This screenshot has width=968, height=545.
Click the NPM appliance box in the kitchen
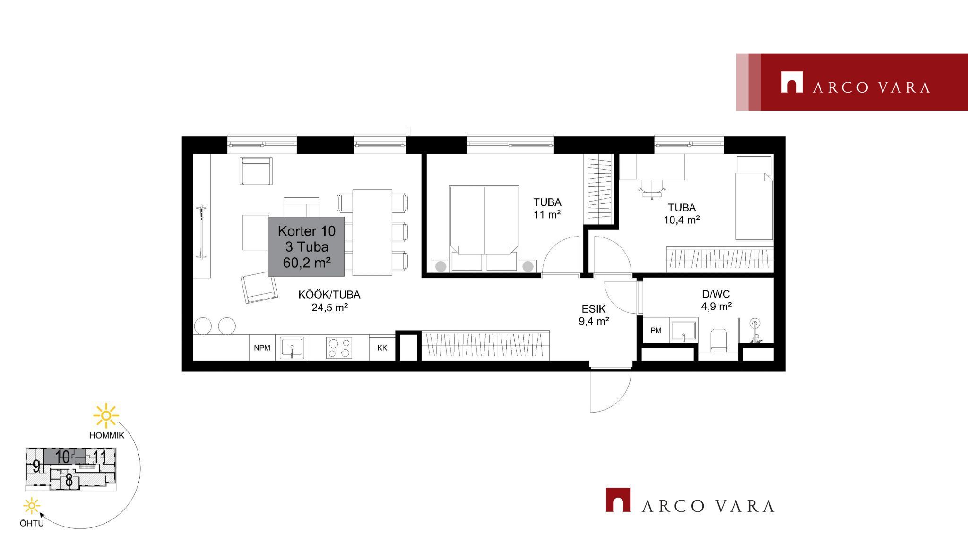pyautogui.click(x=262, y=348)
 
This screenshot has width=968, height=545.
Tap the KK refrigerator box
pyautogui.click(x=382, y=348)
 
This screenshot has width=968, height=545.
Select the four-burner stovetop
pyautogui.click(x=339, y=348)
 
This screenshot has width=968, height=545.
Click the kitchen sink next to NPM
pyautogui.click(x=292, y=348)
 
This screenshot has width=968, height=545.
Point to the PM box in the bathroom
pyautogui.click(x=656, y=330)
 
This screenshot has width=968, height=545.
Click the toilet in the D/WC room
pyautogui.click(x=718, y=340)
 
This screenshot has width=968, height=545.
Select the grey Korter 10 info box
pyautogui.click(x=306, y=246)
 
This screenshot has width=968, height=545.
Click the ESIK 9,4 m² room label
pyautogui.click(x=594, y=315)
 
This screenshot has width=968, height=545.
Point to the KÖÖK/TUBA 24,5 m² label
pyautogui.click(x=329, y=301)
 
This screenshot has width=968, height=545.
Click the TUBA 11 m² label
pyautogui.click(x=547, y=208)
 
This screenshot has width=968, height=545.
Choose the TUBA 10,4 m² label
pyautogui.click(x=682, y=213)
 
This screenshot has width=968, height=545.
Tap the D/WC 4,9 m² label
pyautogui.click(x=716, y=300)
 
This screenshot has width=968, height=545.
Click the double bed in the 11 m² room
pyautogui.click(x=484, y=229)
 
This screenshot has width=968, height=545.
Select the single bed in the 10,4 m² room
pyautogui.click(x=754, y=198)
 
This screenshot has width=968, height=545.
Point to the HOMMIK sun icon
pyautogui.click(x=106, y=416)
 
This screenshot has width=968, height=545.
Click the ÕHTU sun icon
pyautogui.click(x=32, y=506)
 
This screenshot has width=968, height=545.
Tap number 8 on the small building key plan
pyautogui.click(x=69, y=481)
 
